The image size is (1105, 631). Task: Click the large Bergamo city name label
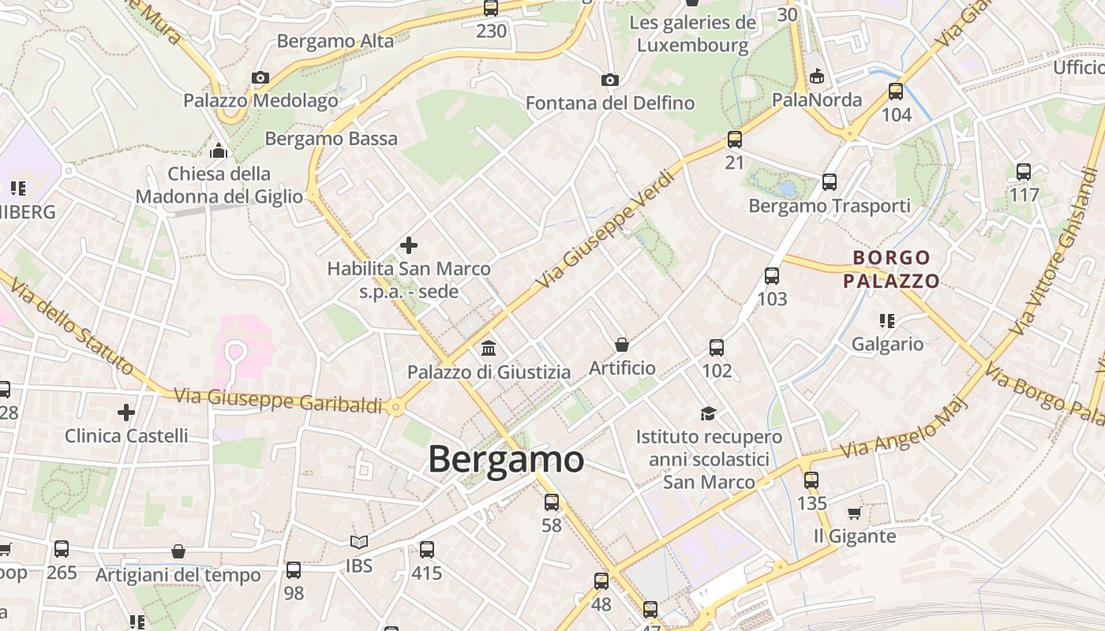[x=506, y=459]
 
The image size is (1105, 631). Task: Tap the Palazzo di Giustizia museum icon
[x=489, y=348]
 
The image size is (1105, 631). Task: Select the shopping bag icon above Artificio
[x=622, y=345]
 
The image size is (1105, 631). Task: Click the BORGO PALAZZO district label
[x=892, y=269]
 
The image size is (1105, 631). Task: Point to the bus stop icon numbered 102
[x=717, y=347]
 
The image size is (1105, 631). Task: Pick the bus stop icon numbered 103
[x=772, y=276]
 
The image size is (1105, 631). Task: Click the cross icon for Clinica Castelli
[x=126, y=412]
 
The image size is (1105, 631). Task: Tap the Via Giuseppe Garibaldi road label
[x=278, y=399]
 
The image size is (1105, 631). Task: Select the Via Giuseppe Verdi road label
[x=605, y=230]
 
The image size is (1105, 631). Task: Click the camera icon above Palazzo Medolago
[x=260, y=77]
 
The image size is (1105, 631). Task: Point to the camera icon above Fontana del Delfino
[x=609, y=80]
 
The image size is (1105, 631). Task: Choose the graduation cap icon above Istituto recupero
[x=708, y=413]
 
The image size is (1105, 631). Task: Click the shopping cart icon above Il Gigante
[x=854, y=513]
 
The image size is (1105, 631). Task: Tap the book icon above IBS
[x=359, y=542]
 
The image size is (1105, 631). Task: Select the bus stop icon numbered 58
[x=552, y=502]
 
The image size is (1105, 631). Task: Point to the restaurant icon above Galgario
[x=887, y=320]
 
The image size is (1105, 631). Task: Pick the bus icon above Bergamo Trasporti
[x=830, y=181]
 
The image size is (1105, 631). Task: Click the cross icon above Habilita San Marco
[x=409, y=245]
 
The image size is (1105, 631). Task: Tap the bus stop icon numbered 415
[x=427, y=549]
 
